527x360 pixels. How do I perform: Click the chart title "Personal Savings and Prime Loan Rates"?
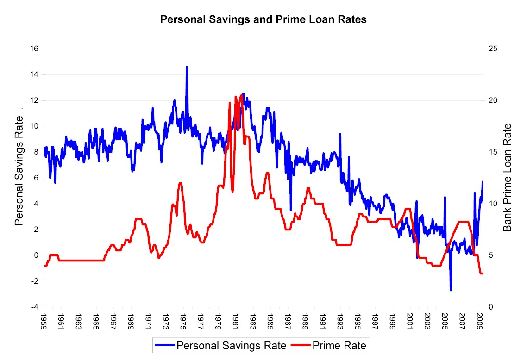263,20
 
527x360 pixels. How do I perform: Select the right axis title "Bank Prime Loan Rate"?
508,177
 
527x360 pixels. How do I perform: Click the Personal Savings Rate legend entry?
222,345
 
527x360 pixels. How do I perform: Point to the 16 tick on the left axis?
35,49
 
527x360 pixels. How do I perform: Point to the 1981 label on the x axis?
236,320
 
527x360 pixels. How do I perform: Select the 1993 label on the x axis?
341,320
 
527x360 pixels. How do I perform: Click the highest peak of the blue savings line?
187,67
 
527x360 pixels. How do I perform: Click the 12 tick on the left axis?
35,100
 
